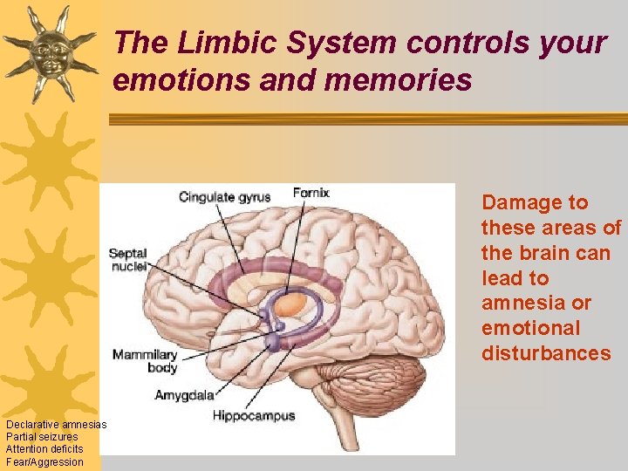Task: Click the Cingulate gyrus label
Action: [x=224, y=197]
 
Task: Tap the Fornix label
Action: [x=311, y=193]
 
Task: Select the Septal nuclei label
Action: [x=127, y=260]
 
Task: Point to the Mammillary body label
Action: [x=145, y=361]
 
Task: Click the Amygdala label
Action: [x=184, y=395]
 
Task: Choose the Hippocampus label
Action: [x=254, y=416]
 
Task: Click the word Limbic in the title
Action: [x=229, y=42]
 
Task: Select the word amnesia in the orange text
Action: [x=524, y=303]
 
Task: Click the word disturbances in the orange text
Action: [x=546, y=353]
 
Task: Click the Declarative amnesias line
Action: [x=56, y=425]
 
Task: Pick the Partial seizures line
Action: [x=42, y=437]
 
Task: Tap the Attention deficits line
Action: [x=44, y=449]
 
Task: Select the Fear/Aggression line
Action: [x=44, y=462]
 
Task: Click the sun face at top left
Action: [x=48, y=51]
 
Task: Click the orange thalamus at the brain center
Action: [x=292, y=304]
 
